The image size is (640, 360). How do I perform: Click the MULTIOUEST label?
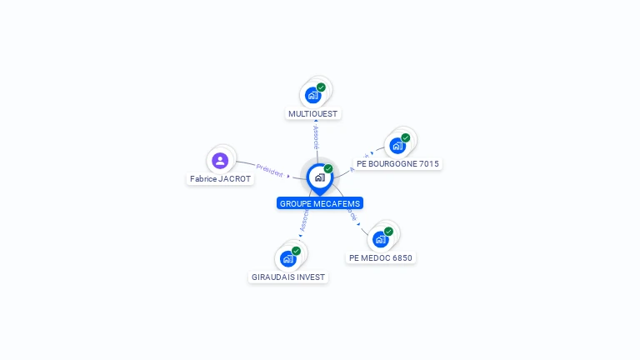coord(314,113)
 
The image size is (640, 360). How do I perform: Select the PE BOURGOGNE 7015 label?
coord(397,163)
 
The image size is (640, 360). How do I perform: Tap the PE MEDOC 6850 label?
coord(381,257)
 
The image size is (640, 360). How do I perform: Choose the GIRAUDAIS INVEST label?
coord(288,277)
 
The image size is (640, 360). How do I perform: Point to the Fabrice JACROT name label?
coord(220,178)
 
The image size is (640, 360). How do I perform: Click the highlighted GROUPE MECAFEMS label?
coord(320,203)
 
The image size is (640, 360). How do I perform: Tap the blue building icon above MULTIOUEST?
coord(312,95)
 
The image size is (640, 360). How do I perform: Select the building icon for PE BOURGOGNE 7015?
coord(397,146)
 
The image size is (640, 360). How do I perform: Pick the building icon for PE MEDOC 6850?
coord(381,239)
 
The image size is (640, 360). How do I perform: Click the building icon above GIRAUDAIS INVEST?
coord(287,258)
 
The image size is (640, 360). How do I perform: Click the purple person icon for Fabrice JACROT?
coord(220,160)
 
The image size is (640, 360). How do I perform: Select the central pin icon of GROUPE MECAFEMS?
coord(319,177)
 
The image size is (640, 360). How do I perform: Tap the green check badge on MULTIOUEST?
coord(321,87)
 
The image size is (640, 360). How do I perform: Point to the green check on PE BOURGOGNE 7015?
coord(406,138)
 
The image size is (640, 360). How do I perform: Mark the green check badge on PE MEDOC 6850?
coord(388,232)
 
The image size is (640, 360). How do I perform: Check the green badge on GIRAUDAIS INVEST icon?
coord(296,251)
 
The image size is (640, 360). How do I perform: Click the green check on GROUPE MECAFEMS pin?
coord(328,169)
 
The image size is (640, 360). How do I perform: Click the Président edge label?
coord(269,169)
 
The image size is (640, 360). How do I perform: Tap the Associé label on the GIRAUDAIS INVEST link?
coord(304,220)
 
